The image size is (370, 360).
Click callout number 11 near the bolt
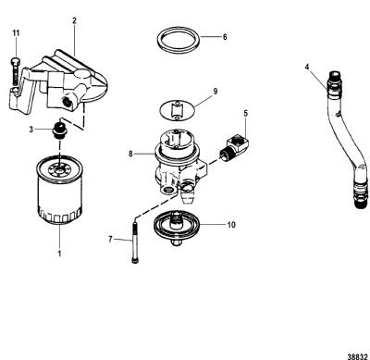click(x=16, y=33)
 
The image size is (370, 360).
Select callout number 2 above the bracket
click(x=74, y=20)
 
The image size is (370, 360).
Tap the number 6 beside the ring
click(x=225, y=37)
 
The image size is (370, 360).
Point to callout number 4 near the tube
click(x=307, y=67)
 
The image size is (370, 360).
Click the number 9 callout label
click(x=216, y=91)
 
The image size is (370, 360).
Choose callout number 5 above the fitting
click(x=245, y=113)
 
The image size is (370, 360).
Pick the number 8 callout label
click(x=130, y=154)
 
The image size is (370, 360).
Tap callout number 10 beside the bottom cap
click(x=231, y=225)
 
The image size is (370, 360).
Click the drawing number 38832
click(x=357, y=356)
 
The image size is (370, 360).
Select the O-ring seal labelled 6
click(x=179, y=40)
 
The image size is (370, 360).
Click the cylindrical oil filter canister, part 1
click(x=59, y=190)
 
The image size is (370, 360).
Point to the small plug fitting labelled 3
click(x=58, y=130)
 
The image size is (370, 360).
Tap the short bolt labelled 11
click(x=15, y=71)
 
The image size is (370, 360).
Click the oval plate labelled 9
click(x=178, y=110)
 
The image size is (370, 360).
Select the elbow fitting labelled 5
click(x=233, y=147)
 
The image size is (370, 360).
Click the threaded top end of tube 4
click(x=335, y=79)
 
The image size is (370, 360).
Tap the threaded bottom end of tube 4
click(x=361, y=197)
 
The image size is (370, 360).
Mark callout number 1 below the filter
click(x=59, y=254)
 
